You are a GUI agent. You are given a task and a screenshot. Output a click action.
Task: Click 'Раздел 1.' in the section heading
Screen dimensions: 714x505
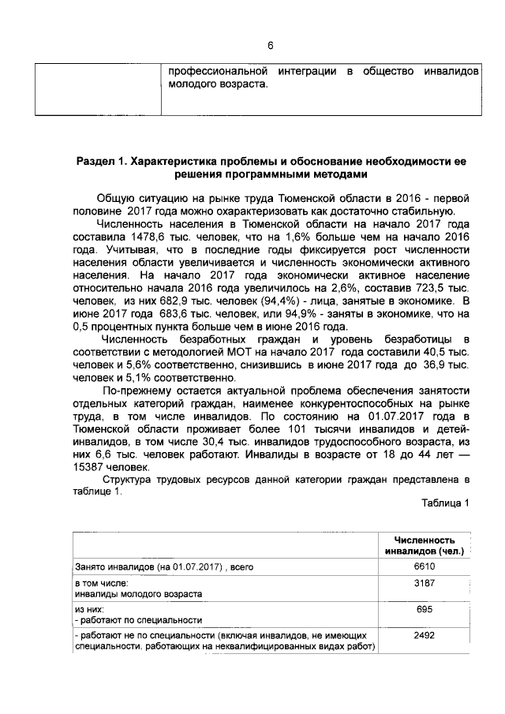point(103,161)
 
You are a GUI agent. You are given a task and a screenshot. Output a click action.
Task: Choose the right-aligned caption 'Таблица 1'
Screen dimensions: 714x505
point(446,503)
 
